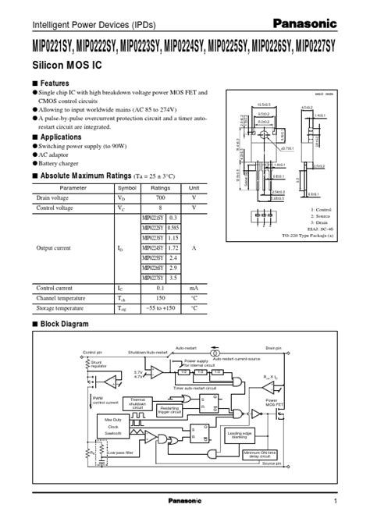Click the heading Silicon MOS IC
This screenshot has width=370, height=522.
pos(65,68)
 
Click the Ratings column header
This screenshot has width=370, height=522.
pos(161,188)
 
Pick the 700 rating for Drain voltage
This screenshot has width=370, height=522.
pos(161,198)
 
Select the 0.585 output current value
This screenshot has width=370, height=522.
pos(173,227)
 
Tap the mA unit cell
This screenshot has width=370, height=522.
pos(194,288)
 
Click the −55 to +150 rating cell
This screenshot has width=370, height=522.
pos(161,307)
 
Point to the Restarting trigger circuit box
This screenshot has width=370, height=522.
pos(169,410)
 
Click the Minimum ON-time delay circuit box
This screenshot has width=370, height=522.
pos(261,454)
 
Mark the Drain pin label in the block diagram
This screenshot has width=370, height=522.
pos(272,350)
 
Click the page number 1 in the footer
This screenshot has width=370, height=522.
pos(335,500)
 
